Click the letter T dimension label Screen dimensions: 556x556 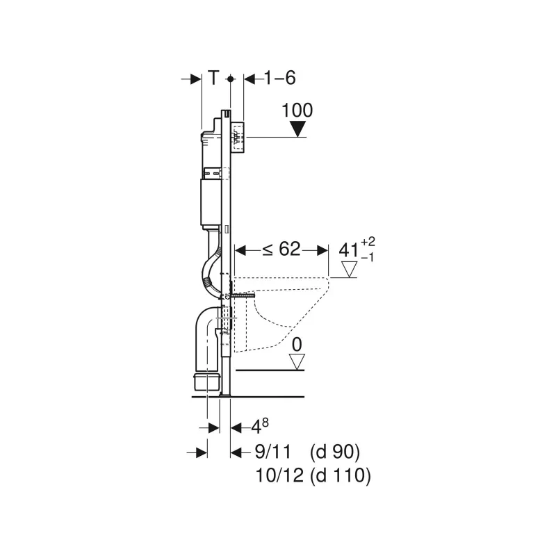[214, 78]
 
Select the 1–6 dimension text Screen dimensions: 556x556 [281, 78]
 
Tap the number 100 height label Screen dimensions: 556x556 [297, 110]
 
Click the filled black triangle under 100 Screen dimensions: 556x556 [297, 129]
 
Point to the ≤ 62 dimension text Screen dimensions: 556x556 [281, 249]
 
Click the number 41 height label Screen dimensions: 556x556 [349, 250]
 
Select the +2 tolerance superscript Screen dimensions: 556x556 [368, 241]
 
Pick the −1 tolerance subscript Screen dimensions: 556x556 [368, 257]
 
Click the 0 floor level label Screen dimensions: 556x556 [297, 345]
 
